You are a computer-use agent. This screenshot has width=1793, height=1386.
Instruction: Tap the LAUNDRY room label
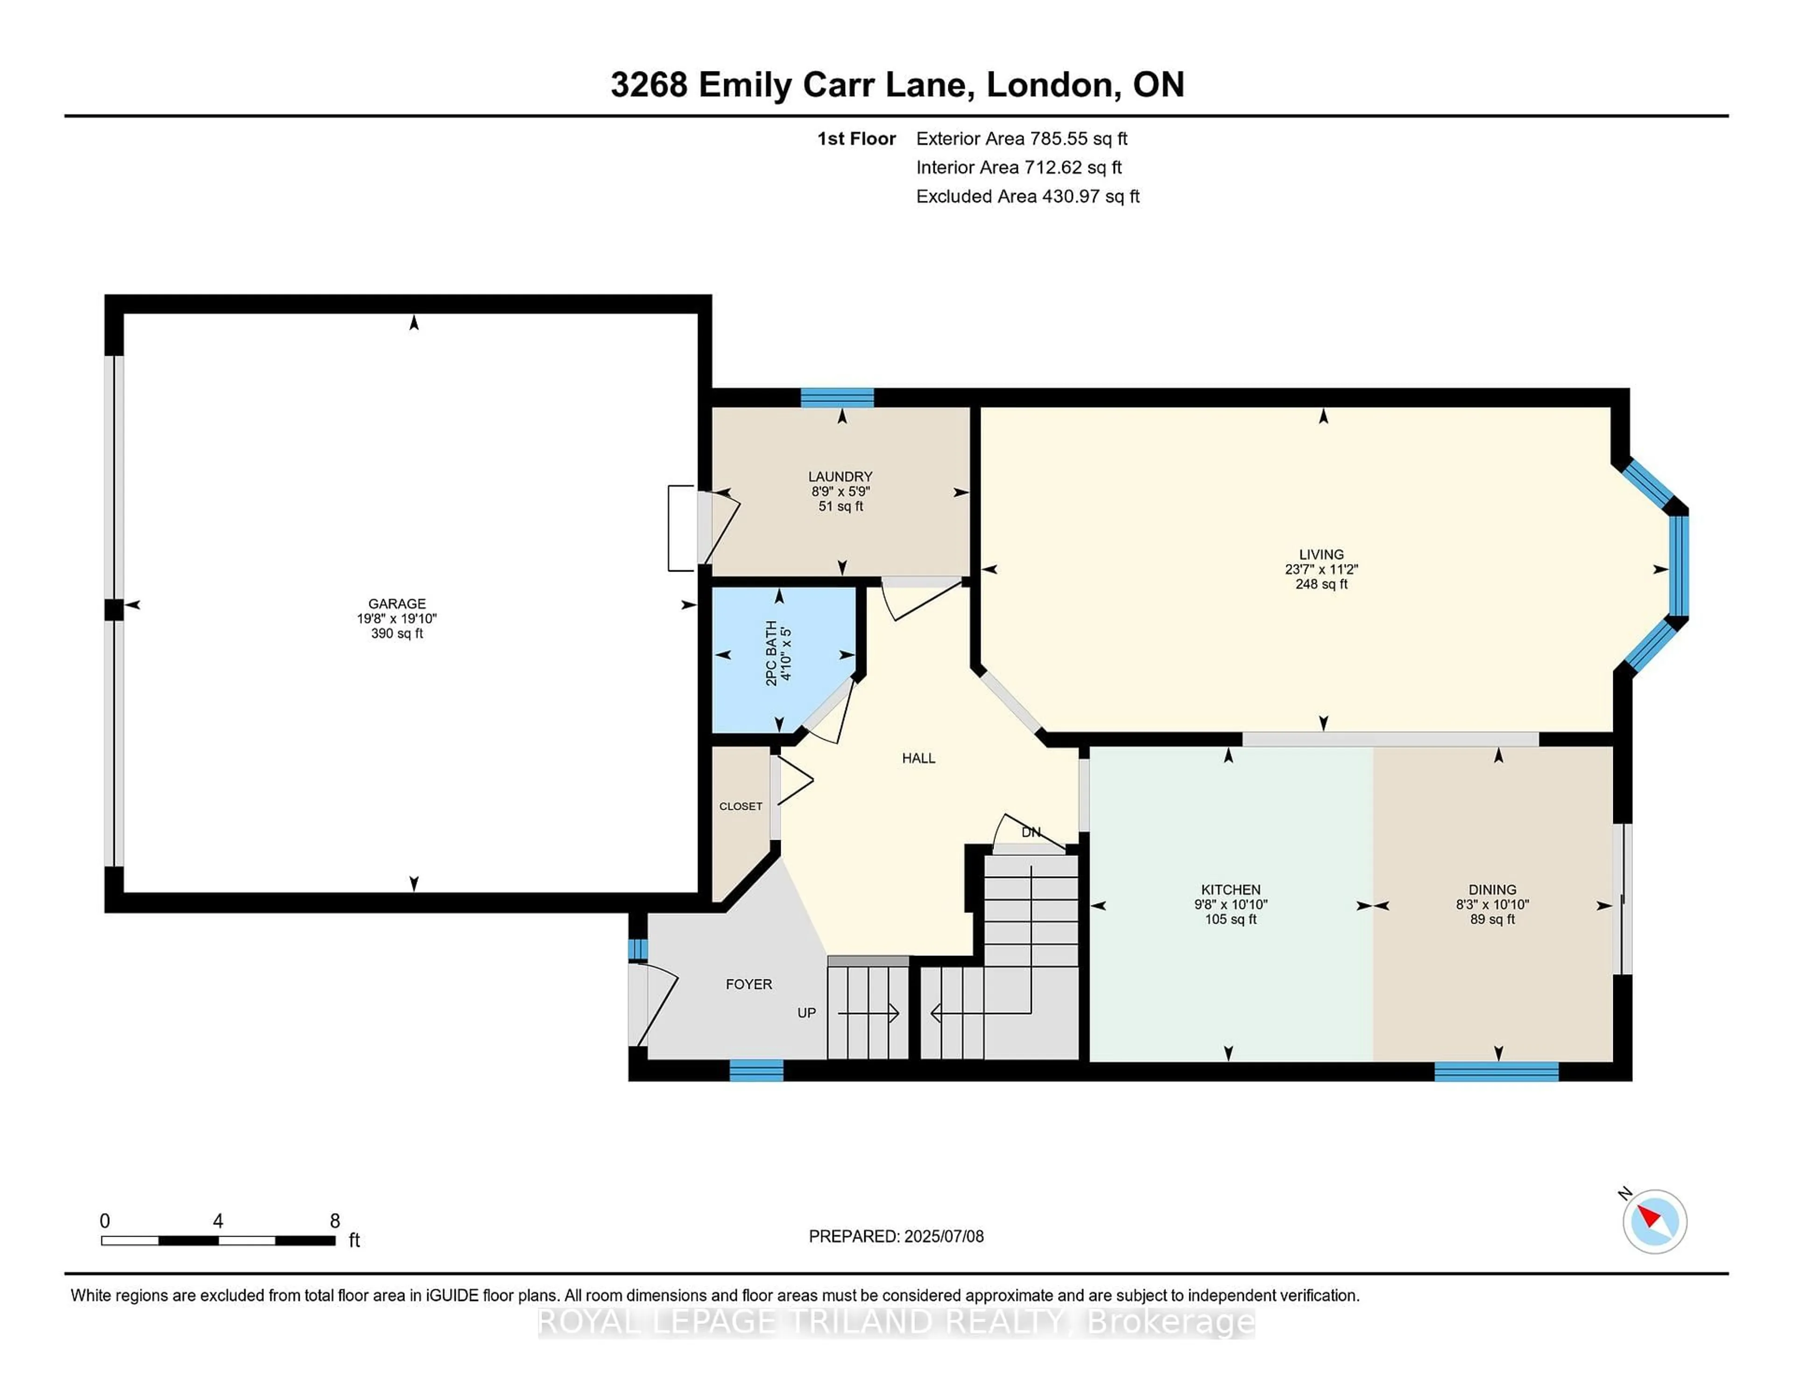840,476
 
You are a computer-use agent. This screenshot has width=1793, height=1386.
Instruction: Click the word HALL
918,758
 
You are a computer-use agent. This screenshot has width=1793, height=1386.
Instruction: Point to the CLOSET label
741,806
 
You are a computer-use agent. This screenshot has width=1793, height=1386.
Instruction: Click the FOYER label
749,983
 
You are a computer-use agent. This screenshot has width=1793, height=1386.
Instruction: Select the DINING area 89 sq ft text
1492,919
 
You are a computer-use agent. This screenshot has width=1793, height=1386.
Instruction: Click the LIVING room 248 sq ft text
1321,584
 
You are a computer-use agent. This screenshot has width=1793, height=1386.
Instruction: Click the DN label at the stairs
1031,832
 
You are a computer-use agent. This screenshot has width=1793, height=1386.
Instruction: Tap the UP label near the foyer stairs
806,1012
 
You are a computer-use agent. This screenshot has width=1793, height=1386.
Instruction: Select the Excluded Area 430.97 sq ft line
1027,196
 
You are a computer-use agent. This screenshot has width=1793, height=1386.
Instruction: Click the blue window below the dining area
1496,1071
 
